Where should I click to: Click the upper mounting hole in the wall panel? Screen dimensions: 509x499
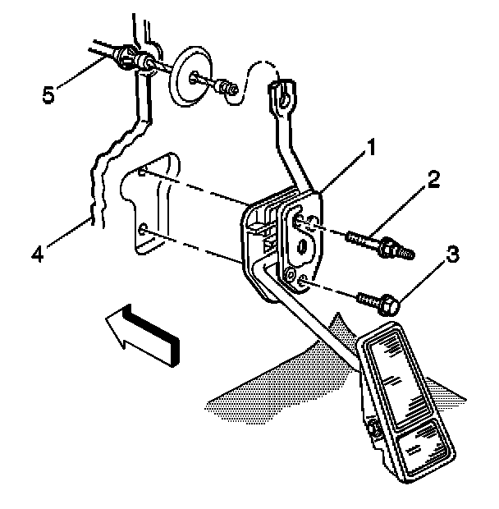(x=144, y=174)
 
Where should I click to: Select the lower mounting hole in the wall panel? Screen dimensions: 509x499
(x=144, y=229)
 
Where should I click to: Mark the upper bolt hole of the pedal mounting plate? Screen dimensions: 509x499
(x=301, y=221)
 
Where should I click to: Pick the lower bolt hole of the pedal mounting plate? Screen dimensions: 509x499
(x=303, y=283)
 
